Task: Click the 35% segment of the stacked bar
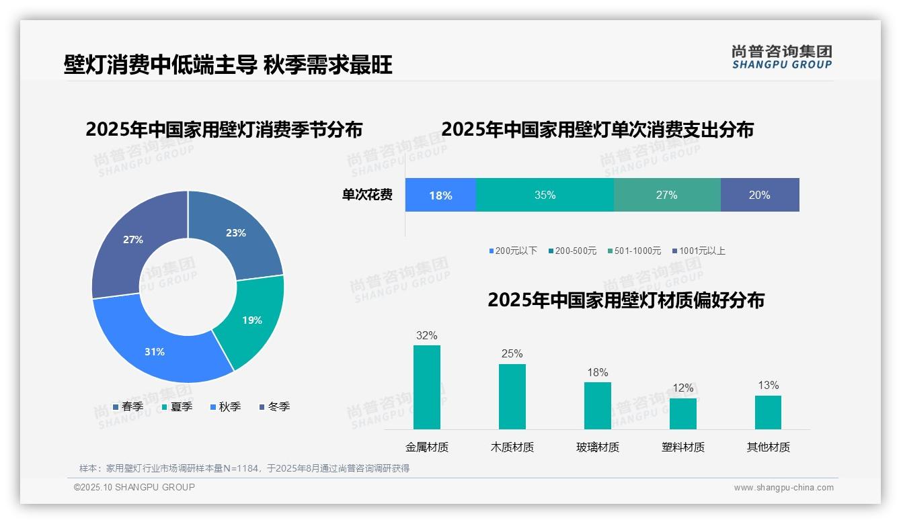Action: click(545, 195)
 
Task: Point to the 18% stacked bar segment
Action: click(440, 195)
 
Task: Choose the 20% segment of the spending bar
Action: click(760, 195)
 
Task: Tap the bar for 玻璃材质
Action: click(598, 406)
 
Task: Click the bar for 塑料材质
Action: click(683, 414)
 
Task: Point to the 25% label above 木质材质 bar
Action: click(512, 353)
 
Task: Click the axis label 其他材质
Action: click(769, 447)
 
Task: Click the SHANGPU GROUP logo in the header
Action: click(782, 57)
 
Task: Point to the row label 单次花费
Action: click(367, 195)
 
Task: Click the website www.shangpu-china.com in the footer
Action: click(783, 487)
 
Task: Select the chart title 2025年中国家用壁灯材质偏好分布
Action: click(626, 300)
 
